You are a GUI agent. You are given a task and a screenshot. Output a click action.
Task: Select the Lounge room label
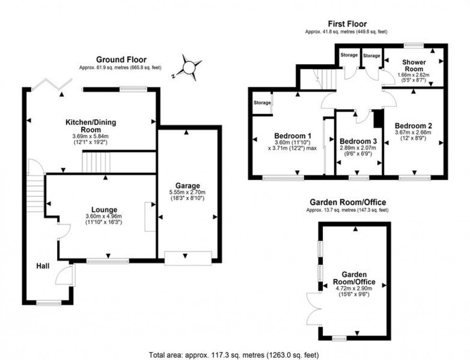[x=105, y=209]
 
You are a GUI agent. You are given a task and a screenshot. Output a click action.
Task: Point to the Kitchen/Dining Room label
[x=91, y=126]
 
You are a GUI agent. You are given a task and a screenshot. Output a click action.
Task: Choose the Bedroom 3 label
[x=358, y=141]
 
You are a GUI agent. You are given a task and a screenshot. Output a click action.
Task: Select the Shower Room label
[x=413, y=66]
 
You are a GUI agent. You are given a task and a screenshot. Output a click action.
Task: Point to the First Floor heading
[x=347, y=23]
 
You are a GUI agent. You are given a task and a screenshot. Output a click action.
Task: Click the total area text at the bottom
[x=234, y=355]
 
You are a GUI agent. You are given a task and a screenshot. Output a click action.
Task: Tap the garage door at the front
[x=188, y=258]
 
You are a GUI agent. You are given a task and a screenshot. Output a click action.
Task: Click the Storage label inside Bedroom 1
[x=262, y=102]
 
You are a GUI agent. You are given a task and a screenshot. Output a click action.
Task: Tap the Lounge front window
[x=107, y=261]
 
